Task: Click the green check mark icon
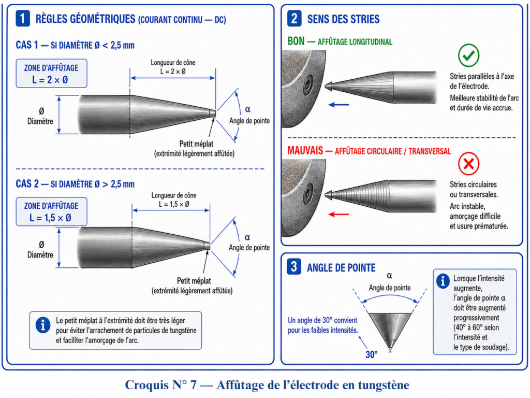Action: coord(468,55)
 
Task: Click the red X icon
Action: coord(468,164)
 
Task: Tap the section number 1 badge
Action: coord(23,18)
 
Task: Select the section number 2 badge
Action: coord(295,18)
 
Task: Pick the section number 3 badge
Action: coord(294,267)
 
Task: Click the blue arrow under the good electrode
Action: coord(338,105)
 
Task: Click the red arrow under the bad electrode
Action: coord(338,214)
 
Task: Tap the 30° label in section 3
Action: coord(371,354)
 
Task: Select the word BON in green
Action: coord(296,41)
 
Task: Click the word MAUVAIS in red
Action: coord(305,150)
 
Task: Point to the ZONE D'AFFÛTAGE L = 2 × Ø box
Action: coord(51,74)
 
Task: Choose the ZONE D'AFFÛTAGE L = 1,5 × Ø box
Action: coord(51,211)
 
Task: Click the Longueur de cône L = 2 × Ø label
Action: coord(173,67)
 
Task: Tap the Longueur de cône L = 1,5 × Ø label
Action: coord(174,200)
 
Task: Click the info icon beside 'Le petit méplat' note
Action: coord(43,325)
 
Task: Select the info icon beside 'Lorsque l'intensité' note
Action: coord(443,281)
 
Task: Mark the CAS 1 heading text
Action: coord(75,45)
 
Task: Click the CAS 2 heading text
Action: coord(75,184)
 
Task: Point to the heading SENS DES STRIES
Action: coord(344,19)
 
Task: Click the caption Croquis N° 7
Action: coord(160,385)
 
